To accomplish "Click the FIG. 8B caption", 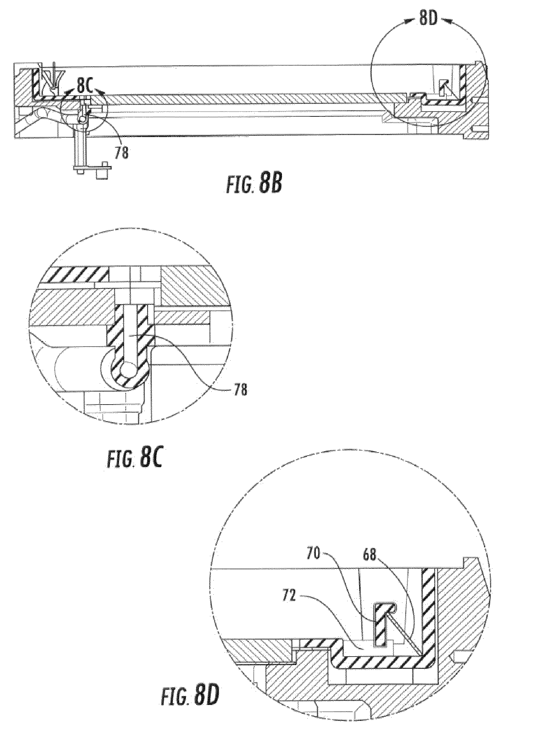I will pos(253,185).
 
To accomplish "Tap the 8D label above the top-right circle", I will pos(428,19).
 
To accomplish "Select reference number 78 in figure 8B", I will pos(121,153).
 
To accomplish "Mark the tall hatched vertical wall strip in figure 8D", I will pos(428,606).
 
